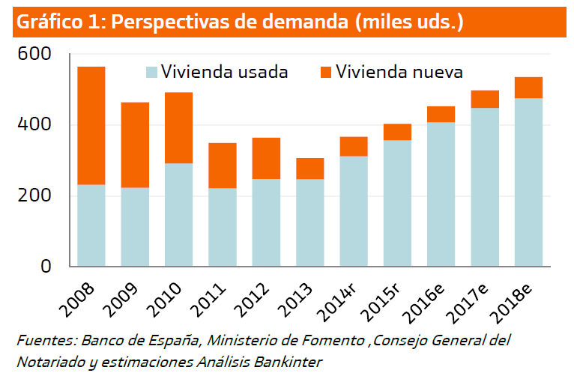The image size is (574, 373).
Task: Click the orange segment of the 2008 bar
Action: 91,125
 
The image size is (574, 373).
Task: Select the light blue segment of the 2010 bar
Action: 178,214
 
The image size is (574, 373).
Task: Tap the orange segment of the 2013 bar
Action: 309,169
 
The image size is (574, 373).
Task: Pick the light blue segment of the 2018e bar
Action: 528,182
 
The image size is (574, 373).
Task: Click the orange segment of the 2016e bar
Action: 441,114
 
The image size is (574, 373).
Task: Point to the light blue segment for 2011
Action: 223,226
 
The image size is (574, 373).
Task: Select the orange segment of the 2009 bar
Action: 135,145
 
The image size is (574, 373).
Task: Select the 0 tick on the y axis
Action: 45,266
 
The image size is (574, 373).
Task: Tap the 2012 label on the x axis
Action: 259,297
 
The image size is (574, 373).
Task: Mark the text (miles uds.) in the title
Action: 409,22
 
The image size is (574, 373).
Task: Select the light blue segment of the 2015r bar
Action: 397,202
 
